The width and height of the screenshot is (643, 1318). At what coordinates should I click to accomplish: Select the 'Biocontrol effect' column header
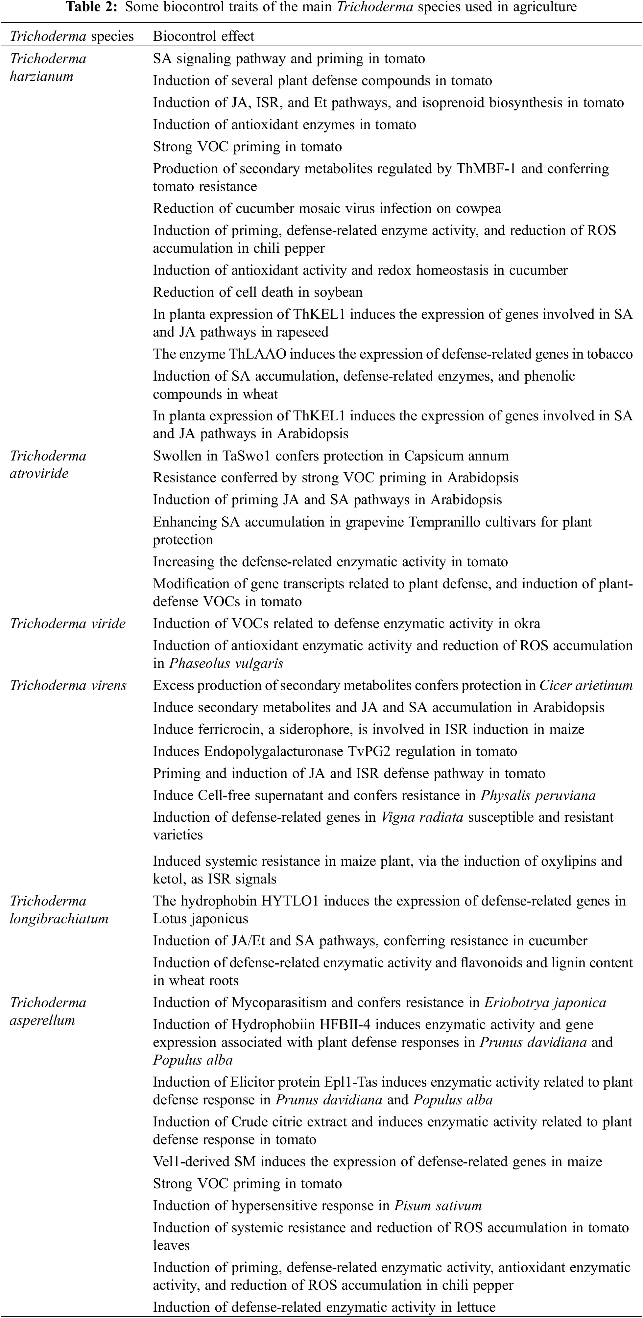point(203,36)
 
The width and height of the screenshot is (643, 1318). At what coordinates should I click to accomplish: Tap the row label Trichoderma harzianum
point(48,67)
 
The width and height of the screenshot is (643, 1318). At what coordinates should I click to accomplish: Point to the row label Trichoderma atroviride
point(48,464)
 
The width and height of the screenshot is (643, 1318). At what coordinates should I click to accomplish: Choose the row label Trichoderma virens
point(68,686)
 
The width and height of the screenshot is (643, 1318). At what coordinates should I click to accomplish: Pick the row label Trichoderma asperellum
point(48,1011)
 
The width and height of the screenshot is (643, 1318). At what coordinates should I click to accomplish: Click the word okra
point(527,624)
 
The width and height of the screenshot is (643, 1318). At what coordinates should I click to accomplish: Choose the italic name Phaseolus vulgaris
point(226,664)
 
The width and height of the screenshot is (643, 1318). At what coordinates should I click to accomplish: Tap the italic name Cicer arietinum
point(586,686)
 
